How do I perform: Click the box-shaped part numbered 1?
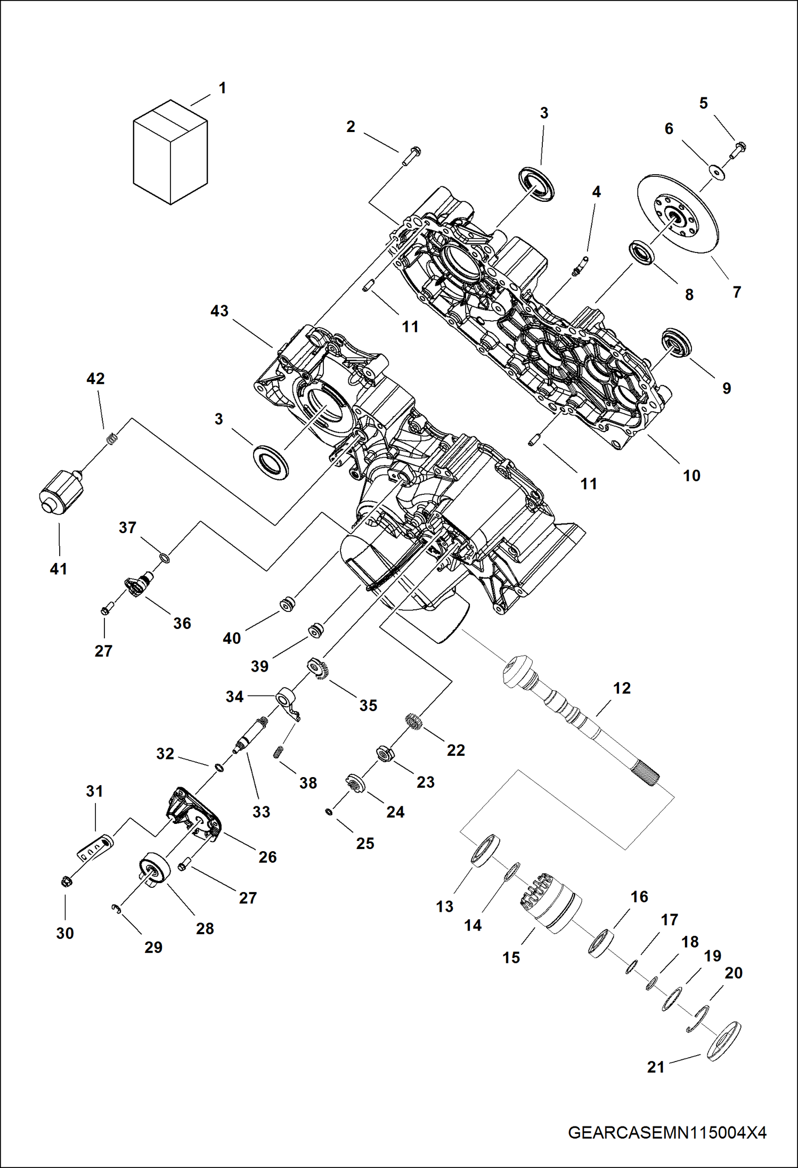click(x=170, y=153)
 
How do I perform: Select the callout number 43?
click(x=219, y=311)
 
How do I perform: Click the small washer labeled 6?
click(x=717, y=171)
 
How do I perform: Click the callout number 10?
click(x=691, y=476)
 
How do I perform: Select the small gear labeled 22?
click(x=413, y=723)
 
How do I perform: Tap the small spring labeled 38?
click(x=277, y=752)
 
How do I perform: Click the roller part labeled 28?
click(x=154, y=870)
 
